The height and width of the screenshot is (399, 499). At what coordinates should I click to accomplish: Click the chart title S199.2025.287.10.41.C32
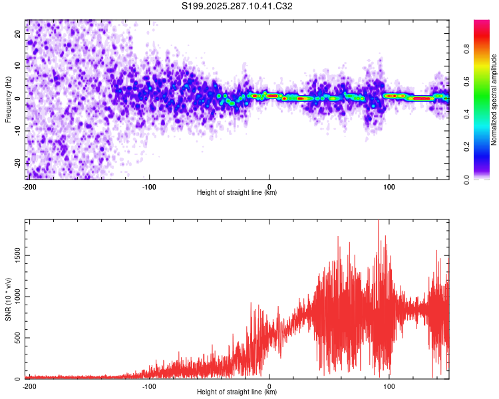(238, 6)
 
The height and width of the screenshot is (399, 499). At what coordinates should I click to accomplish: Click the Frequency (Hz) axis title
(8, 100)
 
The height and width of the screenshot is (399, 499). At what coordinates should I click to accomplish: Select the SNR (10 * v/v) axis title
(8, 299)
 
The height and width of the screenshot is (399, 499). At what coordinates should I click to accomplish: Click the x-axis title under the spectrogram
(237, 192)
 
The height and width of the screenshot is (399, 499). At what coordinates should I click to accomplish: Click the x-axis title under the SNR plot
(237, 392)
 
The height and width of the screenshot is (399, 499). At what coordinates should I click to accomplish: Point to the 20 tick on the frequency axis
(18, 35)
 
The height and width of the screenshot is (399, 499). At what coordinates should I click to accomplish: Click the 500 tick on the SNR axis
(15, 338)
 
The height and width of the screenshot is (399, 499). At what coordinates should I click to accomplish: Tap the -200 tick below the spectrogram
(29, 186)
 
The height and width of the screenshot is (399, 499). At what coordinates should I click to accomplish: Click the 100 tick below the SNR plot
(389, 385)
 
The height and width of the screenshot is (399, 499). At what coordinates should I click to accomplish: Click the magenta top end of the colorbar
(482, 23)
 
